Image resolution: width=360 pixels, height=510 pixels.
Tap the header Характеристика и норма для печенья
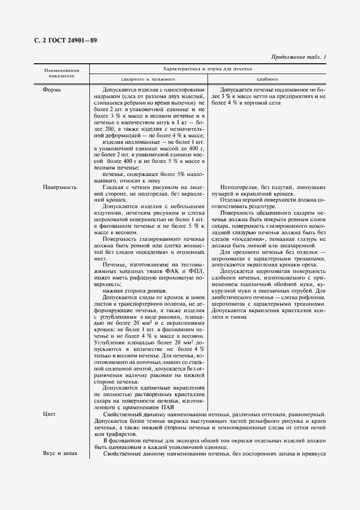[209, 70]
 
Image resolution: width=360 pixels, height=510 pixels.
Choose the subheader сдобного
[267, 78]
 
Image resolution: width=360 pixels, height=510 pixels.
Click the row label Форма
[53, 89]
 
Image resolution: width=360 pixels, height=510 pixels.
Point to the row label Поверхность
[60, 187]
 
